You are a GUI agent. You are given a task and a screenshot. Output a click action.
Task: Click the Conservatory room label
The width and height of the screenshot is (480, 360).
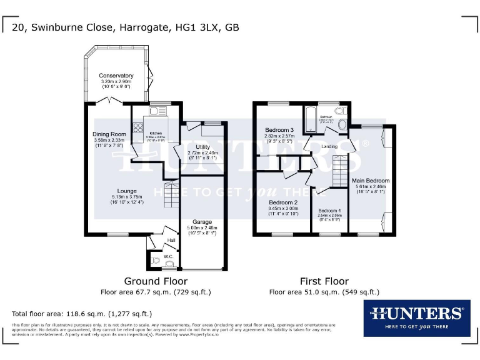tap(116, 76)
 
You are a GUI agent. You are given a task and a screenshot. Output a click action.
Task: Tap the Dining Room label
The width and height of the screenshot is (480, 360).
tap(109, 134)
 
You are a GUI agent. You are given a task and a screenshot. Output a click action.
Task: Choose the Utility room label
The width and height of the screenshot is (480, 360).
tap(203, 146)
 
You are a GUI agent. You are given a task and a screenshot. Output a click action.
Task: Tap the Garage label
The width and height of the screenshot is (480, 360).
tap(202, 222)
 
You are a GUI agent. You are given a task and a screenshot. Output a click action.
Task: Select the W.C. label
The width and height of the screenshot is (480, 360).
tap(168, 256)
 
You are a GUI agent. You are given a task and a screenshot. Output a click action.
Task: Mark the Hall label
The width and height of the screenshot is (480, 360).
tap(171, 240)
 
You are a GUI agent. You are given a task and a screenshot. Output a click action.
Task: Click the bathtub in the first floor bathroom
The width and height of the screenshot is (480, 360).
tap(310, 118)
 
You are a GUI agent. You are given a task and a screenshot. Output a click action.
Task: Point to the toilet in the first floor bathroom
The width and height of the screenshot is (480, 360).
tap(339, 111)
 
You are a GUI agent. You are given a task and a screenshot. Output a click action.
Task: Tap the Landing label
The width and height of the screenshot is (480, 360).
tap(329, 147)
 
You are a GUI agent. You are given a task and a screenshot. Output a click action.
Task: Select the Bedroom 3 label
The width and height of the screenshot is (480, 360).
tap(279, 129)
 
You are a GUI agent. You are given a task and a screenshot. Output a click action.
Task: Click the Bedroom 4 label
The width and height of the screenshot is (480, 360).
tap(329, 211)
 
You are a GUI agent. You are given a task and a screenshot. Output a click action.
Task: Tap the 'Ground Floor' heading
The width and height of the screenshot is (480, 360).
tap(156, 281)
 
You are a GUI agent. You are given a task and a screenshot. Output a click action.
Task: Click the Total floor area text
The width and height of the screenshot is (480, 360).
tap(82, 314)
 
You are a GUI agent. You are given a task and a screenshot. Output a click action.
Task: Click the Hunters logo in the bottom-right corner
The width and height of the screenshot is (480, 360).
tap(416, 317)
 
